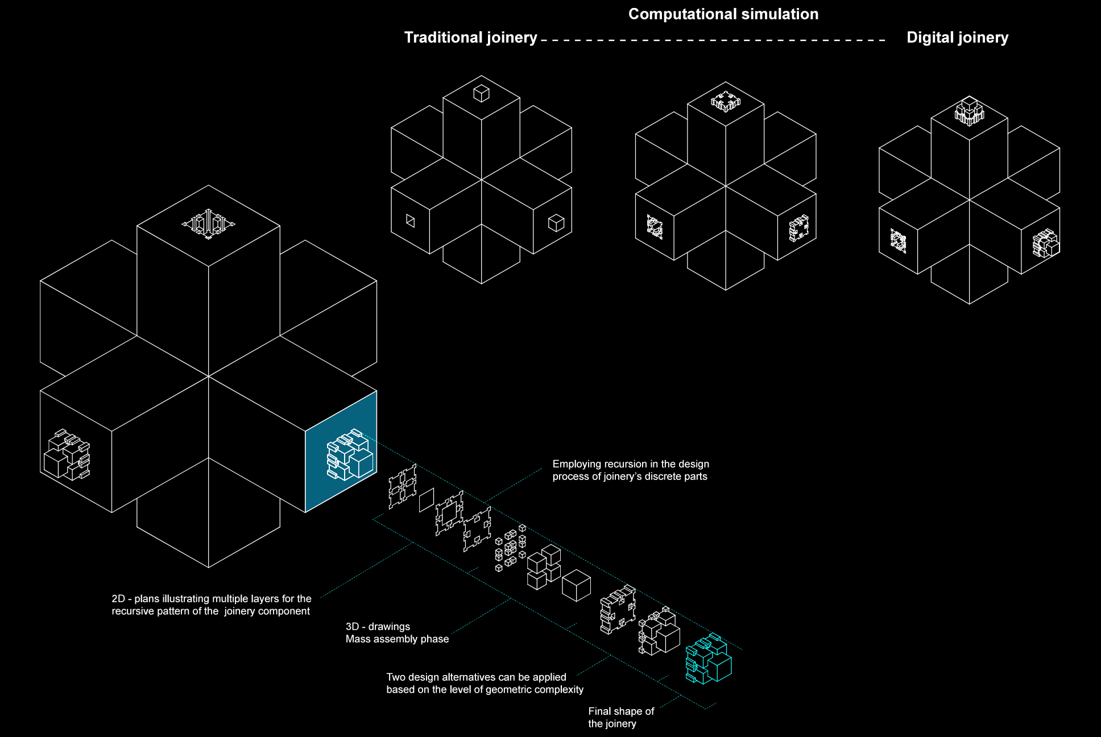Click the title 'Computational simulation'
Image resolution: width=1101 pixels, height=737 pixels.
pos(723,14)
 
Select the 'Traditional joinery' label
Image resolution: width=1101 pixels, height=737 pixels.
pos(470,38)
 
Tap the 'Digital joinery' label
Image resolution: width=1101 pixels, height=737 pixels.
pos(957,38)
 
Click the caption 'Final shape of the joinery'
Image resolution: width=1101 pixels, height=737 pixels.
pos(621,717)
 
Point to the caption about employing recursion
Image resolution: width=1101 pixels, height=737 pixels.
pos(631,470)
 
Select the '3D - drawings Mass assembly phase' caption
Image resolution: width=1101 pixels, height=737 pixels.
pos(397,632)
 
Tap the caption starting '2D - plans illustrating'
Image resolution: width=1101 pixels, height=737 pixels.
pos(212,604)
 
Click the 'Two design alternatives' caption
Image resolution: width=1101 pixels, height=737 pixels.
pos(485,683)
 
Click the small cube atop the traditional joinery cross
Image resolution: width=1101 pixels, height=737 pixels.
pos(481,93)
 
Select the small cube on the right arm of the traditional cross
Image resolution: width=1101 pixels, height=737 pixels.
pos(556,223)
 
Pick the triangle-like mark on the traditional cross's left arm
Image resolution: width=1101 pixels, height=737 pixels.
pos(410,221)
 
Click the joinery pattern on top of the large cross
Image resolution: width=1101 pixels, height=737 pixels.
pos(208,223)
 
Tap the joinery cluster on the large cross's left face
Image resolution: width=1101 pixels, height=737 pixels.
pos(67,454)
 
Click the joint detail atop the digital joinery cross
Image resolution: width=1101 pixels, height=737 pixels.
pos(969,111)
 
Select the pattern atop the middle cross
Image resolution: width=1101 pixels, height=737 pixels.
pos(725,101)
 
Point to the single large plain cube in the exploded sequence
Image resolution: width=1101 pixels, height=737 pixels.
pos(576,585)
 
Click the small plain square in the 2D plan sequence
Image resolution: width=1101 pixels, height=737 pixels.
pos(427,500)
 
